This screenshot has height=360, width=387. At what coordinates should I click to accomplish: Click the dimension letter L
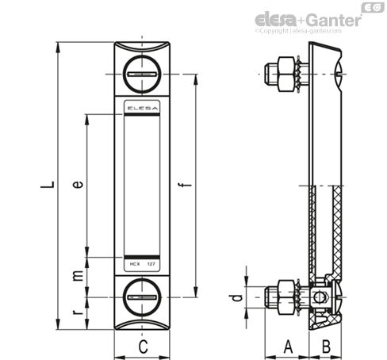[48, 185]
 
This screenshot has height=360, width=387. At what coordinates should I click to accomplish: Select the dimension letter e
[78, 184]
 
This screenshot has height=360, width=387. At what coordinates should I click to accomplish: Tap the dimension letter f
[186, 185]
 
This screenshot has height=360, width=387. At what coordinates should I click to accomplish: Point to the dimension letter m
[78, 276]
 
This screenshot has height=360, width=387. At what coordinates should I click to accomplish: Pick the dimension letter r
[78, 312]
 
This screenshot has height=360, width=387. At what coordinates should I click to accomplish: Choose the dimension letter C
[143, 347]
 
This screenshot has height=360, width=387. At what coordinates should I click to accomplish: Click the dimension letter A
[288, 347]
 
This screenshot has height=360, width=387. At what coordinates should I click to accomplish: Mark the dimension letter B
[326, 347]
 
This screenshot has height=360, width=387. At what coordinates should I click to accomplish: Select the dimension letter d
[236, 297]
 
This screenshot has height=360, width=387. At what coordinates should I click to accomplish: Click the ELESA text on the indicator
[142, 108]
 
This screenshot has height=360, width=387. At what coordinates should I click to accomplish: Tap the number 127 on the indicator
[151, 264]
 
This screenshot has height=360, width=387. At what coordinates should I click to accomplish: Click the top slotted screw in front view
[142, 75]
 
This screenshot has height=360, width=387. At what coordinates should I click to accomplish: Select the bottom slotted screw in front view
[142, 297]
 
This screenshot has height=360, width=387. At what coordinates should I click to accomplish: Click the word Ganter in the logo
[335, 20]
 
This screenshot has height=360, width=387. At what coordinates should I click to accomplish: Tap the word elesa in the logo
[276, 20]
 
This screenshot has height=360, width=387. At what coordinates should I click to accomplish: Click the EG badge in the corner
[373, 7]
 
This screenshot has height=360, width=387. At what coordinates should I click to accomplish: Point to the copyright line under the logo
[298, 31]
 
